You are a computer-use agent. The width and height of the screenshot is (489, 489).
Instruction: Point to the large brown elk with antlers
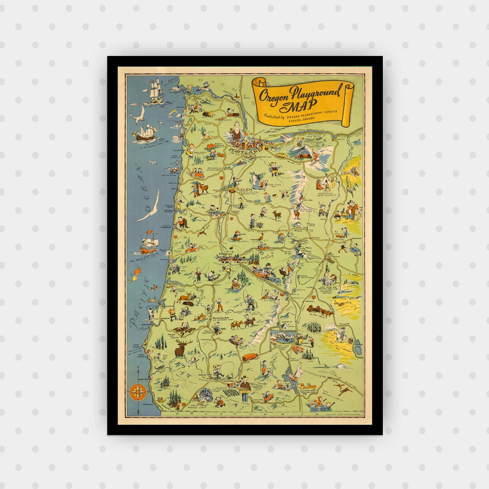(183, 348)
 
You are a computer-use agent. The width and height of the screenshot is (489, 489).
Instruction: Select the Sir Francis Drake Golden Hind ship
(149, 133)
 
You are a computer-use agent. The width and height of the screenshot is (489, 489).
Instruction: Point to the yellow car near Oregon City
(281, 154)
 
